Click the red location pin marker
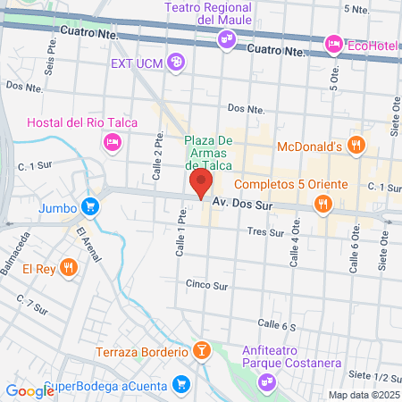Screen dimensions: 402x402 click(200, 185)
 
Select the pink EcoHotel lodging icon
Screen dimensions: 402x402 click(333, 42)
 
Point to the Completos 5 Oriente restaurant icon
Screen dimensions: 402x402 click(322, 205)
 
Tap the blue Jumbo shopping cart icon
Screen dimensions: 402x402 click(89, 207)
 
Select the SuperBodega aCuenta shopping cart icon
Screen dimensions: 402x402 click(181, 383)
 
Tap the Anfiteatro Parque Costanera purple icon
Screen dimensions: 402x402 click(266, 382)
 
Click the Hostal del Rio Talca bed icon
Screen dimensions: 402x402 click(113, 141)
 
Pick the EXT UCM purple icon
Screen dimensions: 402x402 click(176, 63)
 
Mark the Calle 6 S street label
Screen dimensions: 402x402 click(276, 326)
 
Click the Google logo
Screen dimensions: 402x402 click(29, 390)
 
